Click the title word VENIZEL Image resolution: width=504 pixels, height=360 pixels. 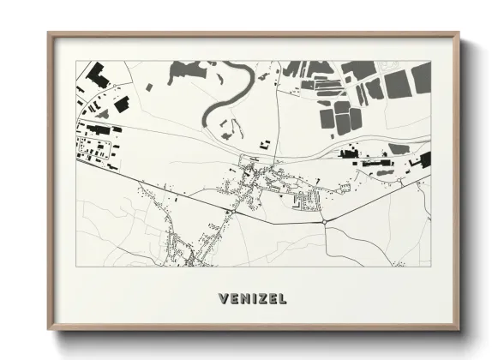252,299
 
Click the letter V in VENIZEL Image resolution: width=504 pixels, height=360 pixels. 224,299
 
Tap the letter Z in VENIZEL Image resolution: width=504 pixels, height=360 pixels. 261,299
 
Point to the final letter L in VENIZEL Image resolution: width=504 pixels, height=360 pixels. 281,299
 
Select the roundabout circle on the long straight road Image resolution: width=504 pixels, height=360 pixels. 325,220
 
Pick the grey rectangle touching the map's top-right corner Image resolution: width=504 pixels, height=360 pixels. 421,76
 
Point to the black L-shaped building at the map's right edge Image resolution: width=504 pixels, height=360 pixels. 422,159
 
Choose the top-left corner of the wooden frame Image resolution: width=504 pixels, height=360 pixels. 49,34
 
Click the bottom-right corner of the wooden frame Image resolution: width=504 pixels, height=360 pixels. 459,329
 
